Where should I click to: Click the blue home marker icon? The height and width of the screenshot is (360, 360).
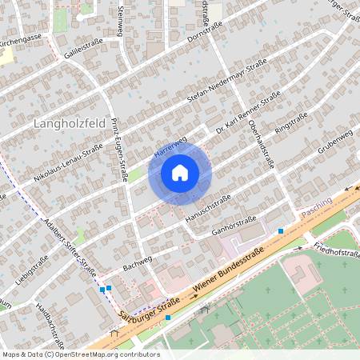click(x=180, y=173)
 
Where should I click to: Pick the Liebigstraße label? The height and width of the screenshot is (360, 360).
click(x=32, y=269)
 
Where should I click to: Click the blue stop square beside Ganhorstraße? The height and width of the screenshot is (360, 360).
click(x=281, y=230)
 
